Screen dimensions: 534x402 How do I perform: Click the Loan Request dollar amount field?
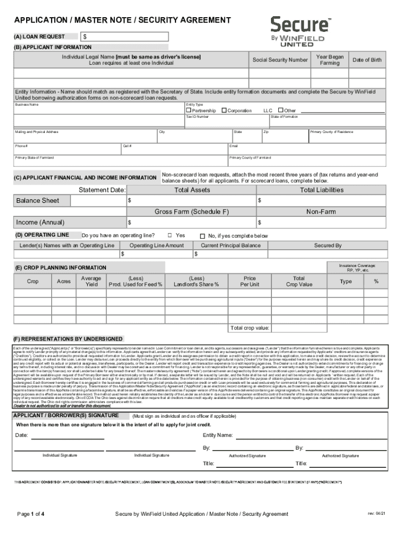click(x=125, y=37)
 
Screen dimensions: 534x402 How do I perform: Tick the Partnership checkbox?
click(x=190, y=111)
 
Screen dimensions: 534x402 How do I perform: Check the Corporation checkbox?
click(x=224, y=111)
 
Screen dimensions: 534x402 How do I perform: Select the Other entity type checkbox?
click(x=280, y=111)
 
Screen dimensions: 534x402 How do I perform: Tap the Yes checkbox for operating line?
click(x=169, y=236)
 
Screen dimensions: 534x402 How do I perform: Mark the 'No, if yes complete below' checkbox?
click(x=204, y=236)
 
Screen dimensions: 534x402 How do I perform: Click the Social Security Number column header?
click(x=280, y=60)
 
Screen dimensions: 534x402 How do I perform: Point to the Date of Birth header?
click(x=366, y=60)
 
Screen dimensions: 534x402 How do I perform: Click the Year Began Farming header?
click(x=329, y=60)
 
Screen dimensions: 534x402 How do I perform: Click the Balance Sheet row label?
click(x=37, y=201)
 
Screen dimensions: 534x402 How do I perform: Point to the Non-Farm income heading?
click(x=321, y=212)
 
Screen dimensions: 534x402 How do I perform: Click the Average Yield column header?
click(x=91, y=281)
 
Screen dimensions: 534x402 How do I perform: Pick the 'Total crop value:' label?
click(x=250, y=328)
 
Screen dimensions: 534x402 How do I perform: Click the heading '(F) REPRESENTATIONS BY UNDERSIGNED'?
click(x=68, y=339)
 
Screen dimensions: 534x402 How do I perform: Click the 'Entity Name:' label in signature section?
click(x=218, y=435)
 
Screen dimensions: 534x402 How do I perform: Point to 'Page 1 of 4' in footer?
click(x=31, y=514)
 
